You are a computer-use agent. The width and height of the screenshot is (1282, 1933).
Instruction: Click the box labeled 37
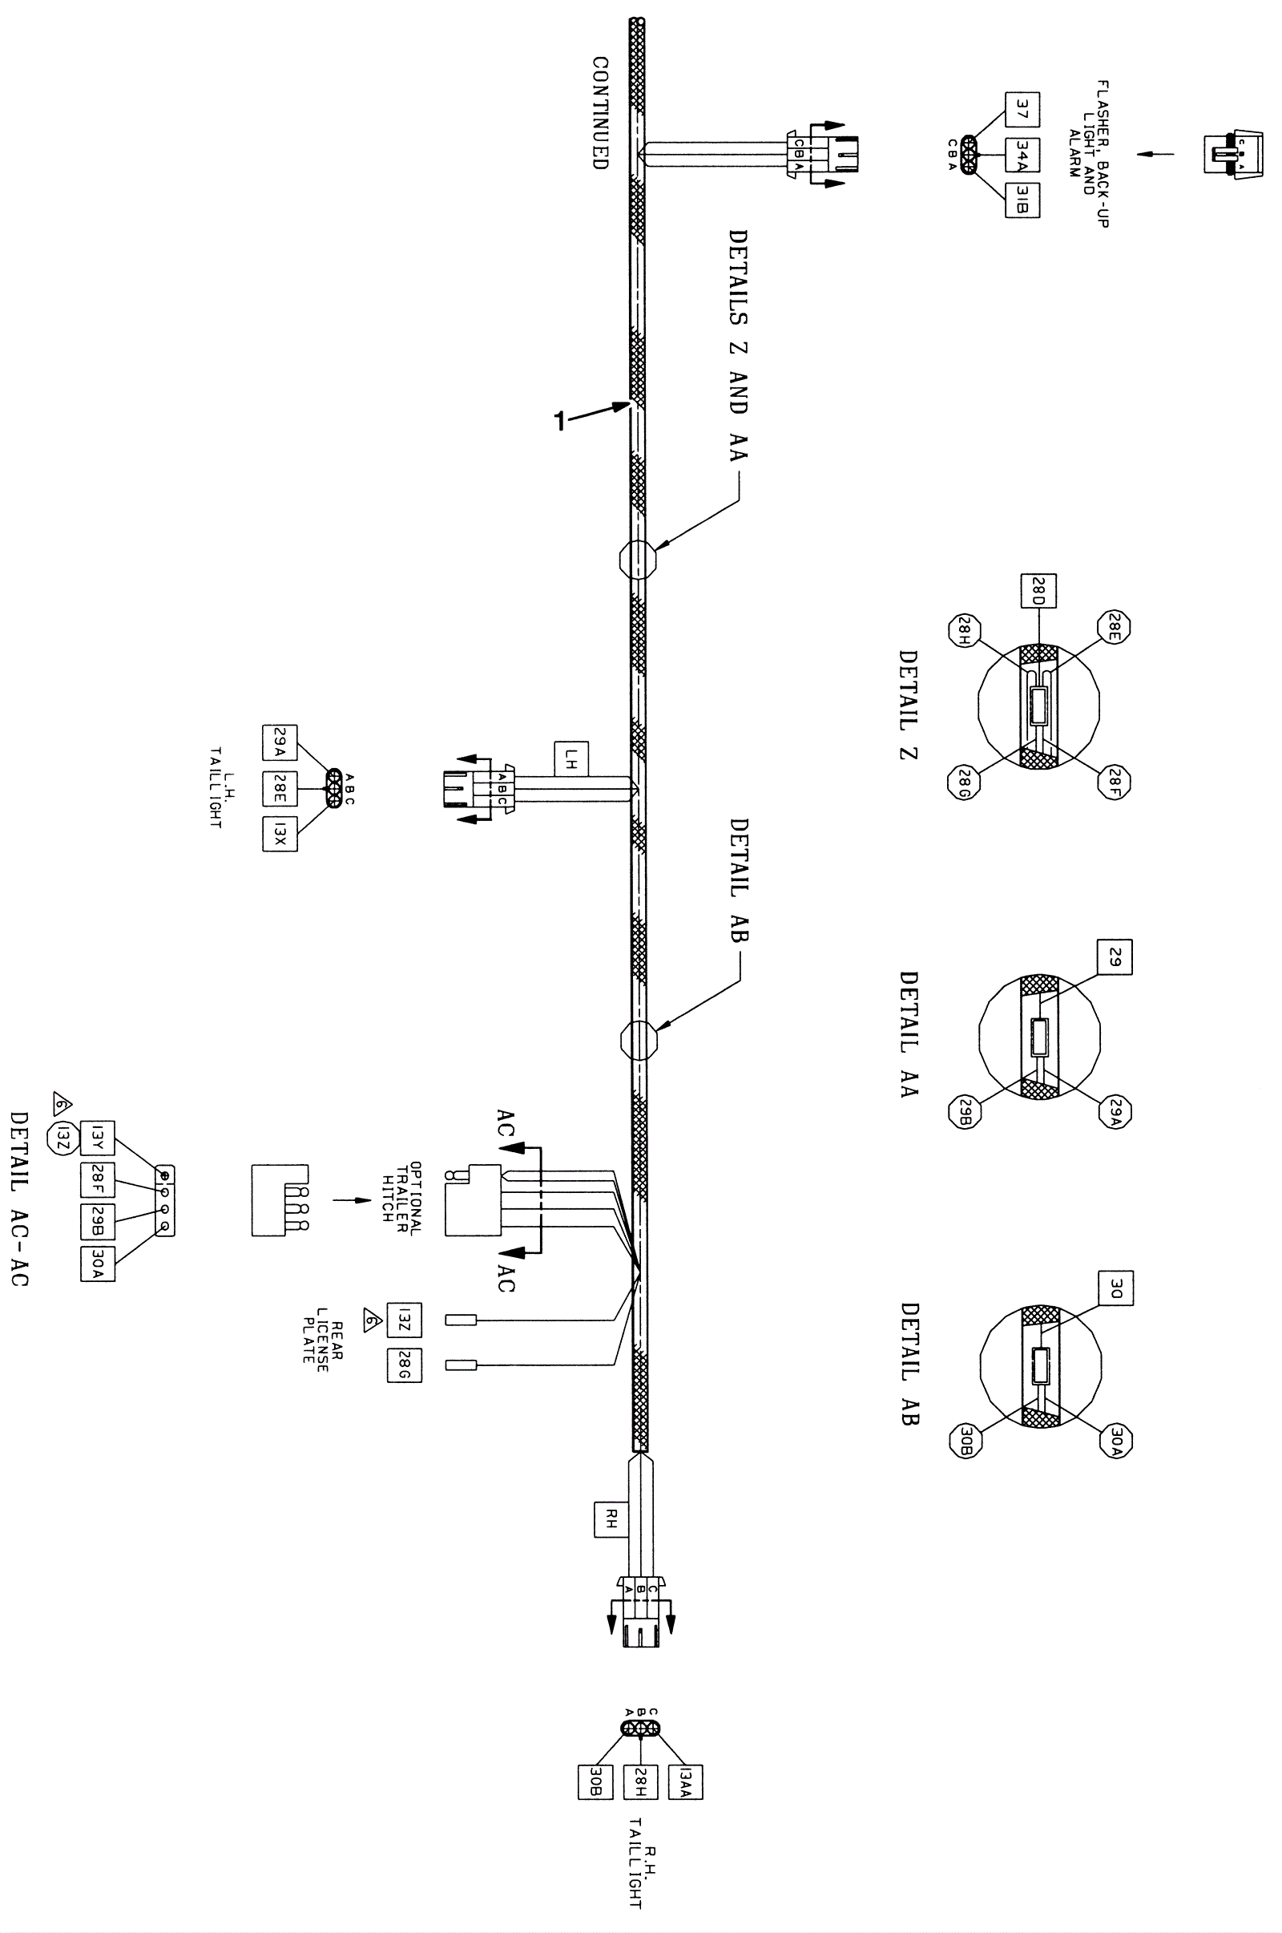pos(1022,109)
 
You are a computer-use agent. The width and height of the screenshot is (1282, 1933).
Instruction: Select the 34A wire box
pos(1022,154)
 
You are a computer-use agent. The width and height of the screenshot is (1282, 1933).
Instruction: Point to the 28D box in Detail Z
pos(1038,591)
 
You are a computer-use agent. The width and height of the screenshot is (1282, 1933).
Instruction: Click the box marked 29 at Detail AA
pos(1115,957)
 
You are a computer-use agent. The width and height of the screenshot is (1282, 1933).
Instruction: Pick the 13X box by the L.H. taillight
pos(280,834)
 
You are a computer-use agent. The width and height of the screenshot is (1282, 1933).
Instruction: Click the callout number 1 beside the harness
pos(560,420)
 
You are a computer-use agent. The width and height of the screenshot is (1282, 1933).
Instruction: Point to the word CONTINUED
pos(601,113)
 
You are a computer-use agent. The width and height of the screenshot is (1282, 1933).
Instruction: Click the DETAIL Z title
pos(909,706)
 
